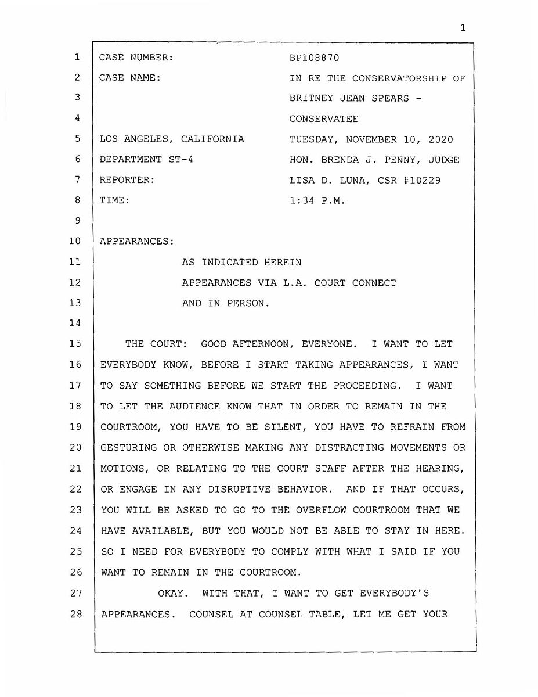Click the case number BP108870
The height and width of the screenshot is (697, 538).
314,58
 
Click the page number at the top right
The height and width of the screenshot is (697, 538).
463,27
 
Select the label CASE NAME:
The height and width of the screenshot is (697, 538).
130,78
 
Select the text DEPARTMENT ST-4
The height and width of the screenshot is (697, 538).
146,160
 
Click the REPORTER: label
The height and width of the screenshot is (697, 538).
127,180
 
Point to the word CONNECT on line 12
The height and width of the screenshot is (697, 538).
374,283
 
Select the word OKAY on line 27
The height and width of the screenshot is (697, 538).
173,593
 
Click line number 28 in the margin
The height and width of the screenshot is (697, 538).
75,614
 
